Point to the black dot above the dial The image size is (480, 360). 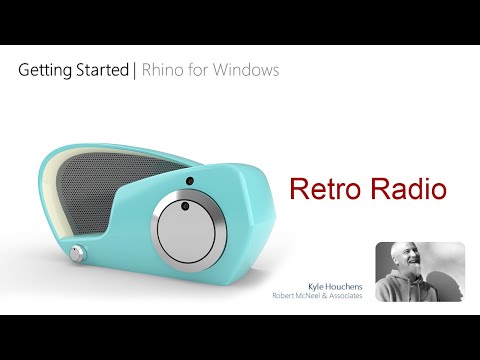[189, 180]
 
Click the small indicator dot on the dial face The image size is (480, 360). [184, 206]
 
